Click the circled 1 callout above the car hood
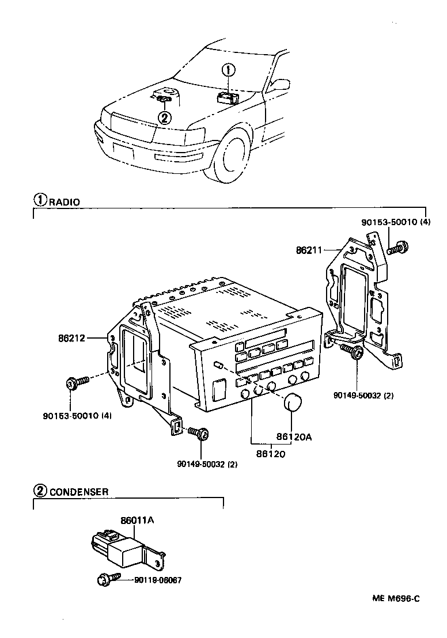click(x=229, y=71)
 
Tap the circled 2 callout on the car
click(x=165, y=118)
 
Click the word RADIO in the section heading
click(x=64, y=202)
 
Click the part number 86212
click(x=71, y=338)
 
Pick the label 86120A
click(x=294, y=437)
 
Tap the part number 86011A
click(x=137, y=521)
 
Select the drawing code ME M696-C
click(x=395, y=598)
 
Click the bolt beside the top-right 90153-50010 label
click(x=396, y=248)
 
